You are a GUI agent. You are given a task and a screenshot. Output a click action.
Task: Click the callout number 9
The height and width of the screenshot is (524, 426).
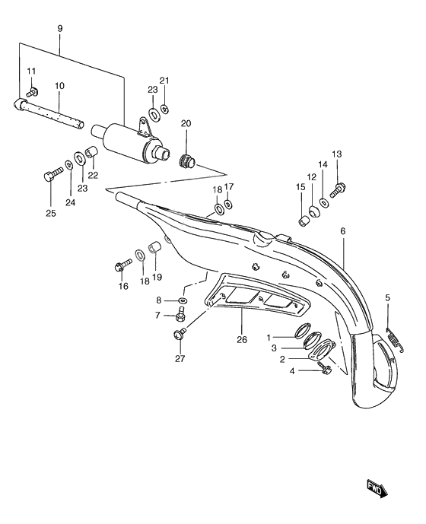[59, 29]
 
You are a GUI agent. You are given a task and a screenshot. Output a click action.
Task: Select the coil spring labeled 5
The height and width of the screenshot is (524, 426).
[393, 338]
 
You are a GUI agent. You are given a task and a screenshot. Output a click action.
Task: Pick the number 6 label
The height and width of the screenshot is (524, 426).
[343, 230]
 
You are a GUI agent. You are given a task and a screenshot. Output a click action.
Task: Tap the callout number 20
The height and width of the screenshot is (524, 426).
[186, 124]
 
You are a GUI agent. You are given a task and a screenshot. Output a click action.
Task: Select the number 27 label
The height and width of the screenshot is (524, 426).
[180, 359]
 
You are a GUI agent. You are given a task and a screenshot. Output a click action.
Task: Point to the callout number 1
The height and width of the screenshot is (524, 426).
[268, 337]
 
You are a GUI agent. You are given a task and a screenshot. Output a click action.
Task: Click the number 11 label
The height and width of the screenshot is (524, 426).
[32, 71]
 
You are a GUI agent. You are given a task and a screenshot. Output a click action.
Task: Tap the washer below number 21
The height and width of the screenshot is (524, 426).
[165, 110]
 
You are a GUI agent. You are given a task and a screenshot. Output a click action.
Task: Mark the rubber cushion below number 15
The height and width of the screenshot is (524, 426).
[304, 220]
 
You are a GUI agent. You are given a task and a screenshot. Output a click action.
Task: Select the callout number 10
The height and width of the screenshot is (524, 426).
[59, 85]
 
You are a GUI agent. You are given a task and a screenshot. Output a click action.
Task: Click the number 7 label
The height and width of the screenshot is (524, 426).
[157, 315]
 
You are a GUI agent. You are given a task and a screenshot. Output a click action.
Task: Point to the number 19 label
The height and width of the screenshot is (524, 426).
[157, 276]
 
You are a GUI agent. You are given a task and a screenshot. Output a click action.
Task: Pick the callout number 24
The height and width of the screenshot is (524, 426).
[70, 202]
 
